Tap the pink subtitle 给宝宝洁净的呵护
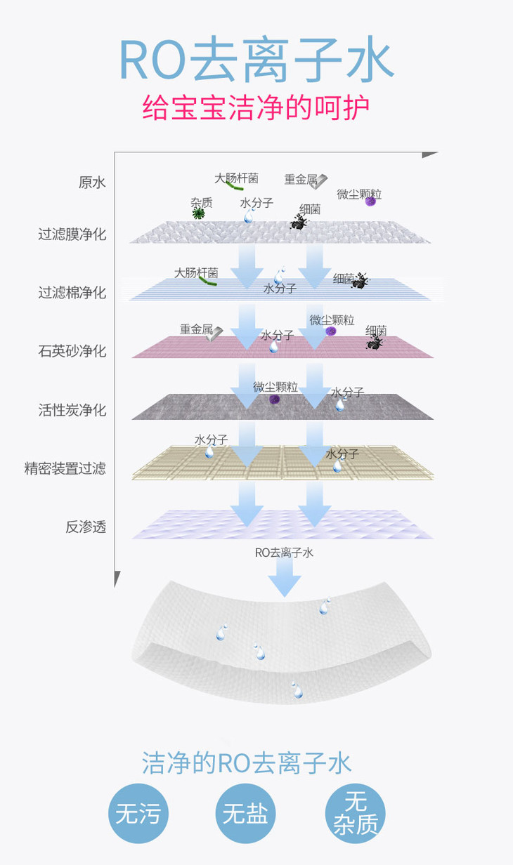click(x=256, y=109)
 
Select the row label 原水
click(x=92, y=183)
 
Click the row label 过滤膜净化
click(x=72, y=234)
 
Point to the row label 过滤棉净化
click(x=72, y=292)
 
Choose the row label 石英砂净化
click(x=72, y=350)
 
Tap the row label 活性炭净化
click(x=72, y=409)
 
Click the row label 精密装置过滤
click(x=65, y=468)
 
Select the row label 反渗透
click(x=86, y=526)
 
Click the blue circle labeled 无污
click(x=138, y=814)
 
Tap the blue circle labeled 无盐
click(x=245, y=814)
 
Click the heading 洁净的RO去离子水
click(x=247, y=763)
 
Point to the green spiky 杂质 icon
click(x=199, y=213)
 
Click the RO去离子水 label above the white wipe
click(x=284, y=553)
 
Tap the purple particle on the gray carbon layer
click(x=275, y=400)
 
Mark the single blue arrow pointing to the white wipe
click(x=284, y=579)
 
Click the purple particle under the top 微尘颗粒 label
click(x=370, y=202)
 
